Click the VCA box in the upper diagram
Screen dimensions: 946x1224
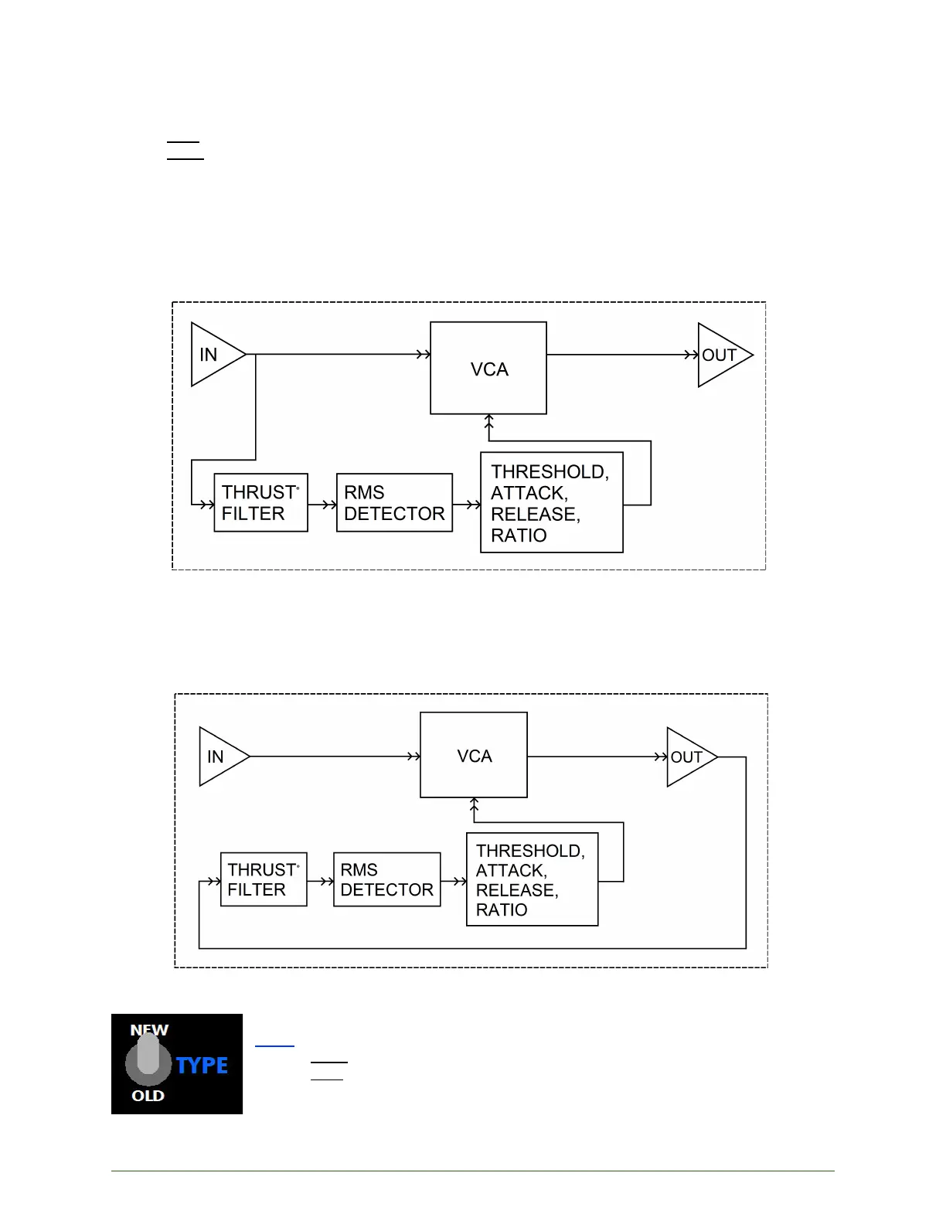click(488, 368)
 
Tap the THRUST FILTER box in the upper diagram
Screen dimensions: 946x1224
click(261, 502)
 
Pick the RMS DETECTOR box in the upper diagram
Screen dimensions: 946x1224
click(394, 502)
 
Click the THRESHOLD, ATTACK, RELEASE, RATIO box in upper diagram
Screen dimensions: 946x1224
click(552, 502)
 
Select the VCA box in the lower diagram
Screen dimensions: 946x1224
click(474, 755)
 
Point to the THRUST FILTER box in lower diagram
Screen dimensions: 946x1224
click(264, 879)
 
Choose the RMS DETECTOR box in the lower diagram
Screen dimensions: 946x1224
click(387, 879)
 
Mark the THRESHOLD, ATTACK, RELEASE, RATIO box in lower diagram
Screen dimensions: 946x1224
click(533, 879)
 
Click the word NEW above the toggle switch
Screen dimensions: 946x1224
click(149, 1030)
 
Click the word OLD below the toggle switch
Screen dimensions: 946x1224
click(148, 1096)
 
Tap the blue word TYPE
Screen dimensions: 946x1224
click(202, 1065)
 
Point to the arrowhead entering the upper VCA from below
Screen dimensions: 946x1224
click(489, 420)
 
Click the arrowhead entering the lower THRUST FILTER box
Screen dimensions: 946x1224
click(214, 882)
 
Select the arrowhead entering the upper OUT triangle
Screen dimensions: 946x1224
click(691, 355)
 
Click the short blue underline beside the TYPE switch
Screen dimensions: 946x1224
click(275, 1046)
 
